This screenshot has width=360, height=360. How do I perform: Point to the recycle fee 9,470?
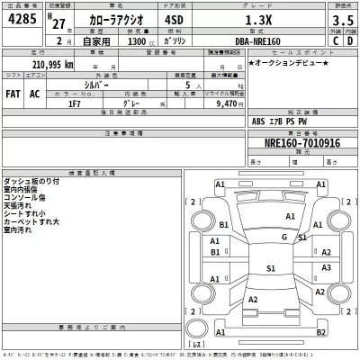click(220, 103)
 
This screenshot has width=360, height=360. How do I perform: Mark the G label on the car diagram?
click(284, 237)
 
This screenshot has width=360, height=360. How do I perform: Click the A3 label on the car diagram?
click(327, 267)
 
